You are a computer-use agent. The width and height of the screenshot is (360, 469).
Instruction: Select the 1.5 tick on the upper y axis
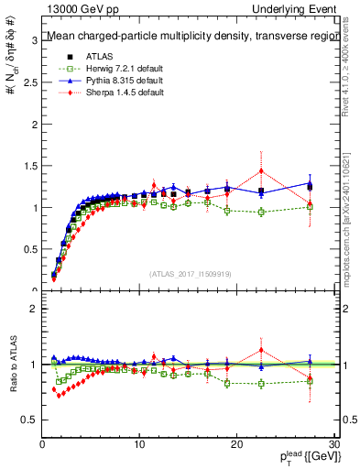pyautogui.click(x=32, y=166)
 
